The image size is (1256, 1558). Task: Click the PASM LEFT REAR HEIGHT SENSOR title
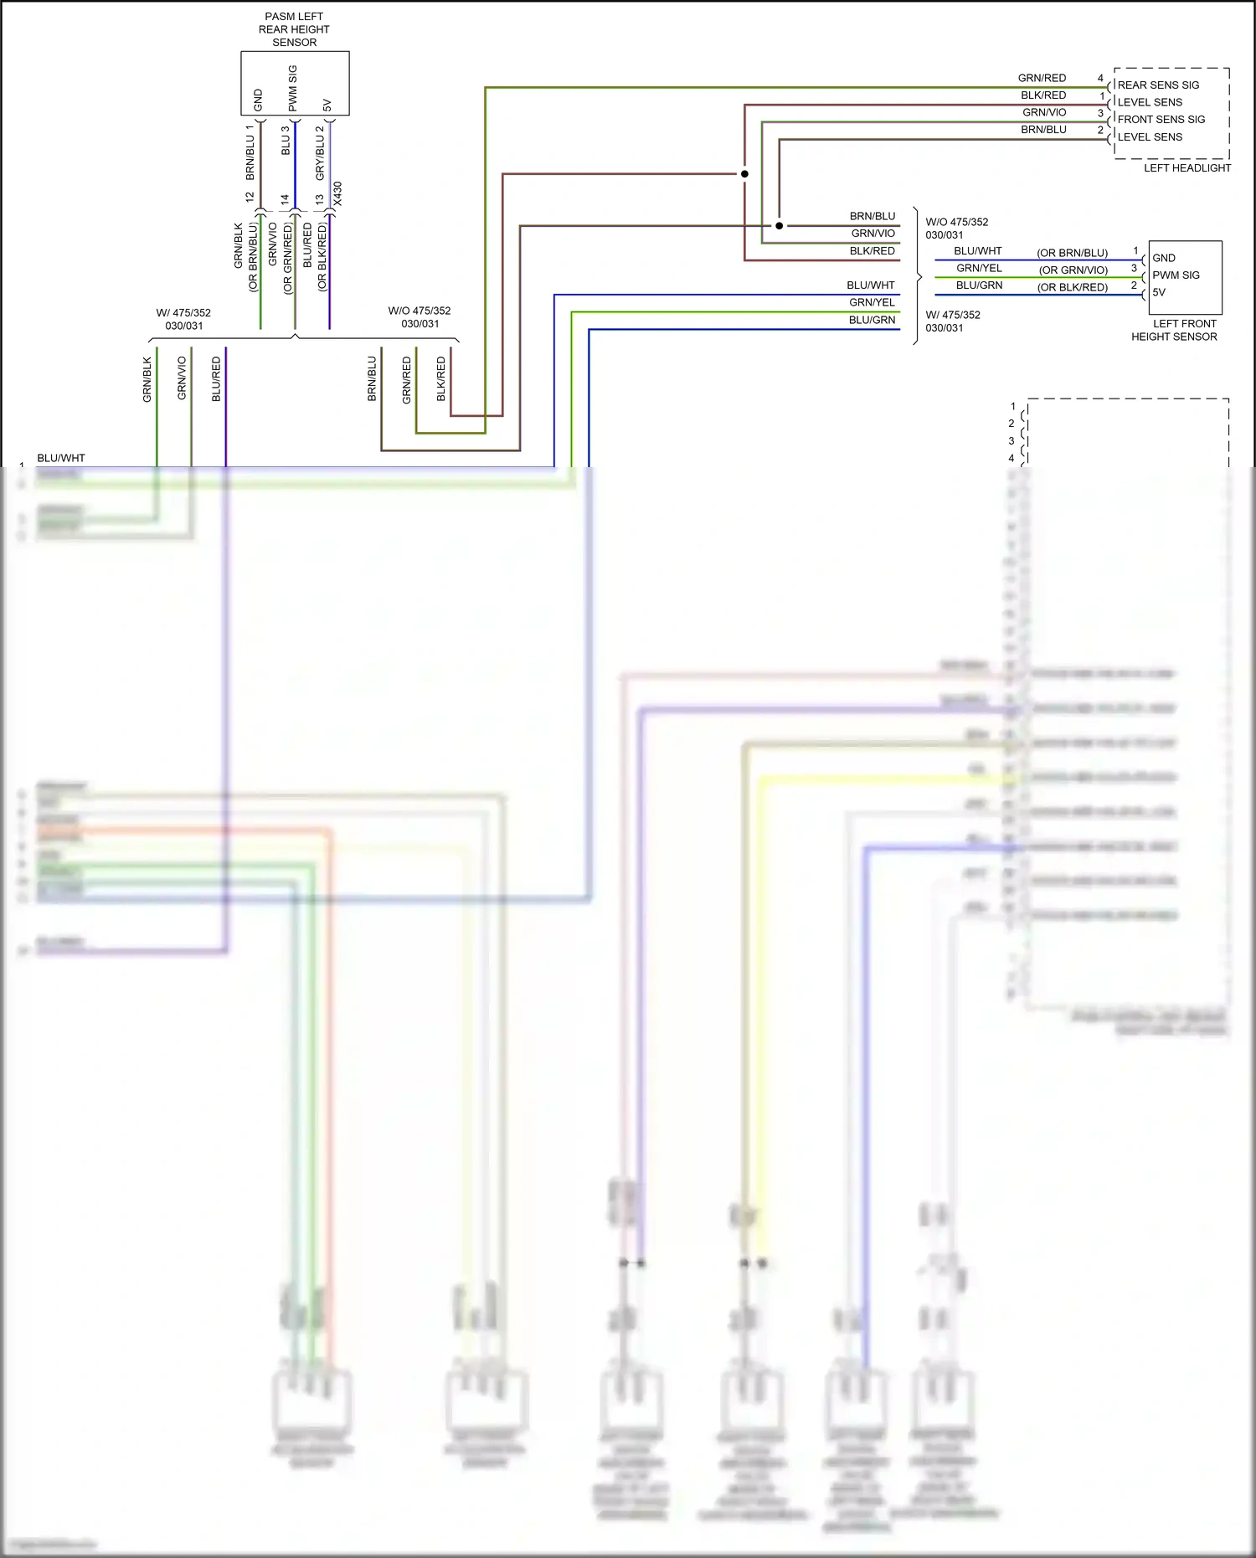[294, 29]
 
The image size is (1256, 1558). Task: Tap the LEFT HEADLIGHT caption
[1187, 168]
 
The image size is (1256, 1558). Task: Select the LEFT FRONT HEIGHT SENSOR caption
[1174, 330]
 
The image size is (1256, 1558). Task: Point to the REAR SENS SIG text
[1158, 85]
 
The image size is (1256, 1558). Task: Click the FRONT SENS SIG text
[1161, 120]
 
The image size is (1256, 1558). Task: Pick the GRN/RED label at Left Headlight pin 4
[1042, 78]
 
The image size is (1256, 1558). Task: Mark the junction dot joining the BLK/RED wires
[744, 174]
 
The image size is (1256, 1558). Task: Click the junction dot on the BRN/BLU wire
[780, 226]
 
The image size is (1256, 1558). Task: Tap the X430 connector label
[337, 194]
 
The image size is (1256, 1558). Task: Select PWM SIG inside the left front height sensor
[1176, 275]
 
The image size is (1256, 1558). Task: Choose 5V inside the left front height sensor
[1159, 293]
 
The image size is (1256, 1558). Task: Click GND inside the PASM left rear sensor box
[258, 100]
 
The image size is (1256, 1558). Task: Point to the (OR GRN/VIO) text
[1073, 270]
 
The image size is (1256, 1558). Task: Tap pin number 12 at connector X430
[250, 197]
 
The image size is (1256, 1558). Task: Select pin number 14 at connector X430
[285, 200]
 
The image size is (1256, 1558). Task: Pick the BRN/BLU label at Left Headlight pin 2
[1043, 130]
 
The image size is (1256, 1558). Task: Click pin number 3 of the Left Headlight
[1100, 113]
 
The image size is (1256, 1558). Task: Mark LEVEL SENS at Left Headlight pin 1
[1150, 102]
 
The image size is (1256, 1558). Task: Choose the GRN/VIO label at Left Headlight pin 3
[1044, 112]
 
